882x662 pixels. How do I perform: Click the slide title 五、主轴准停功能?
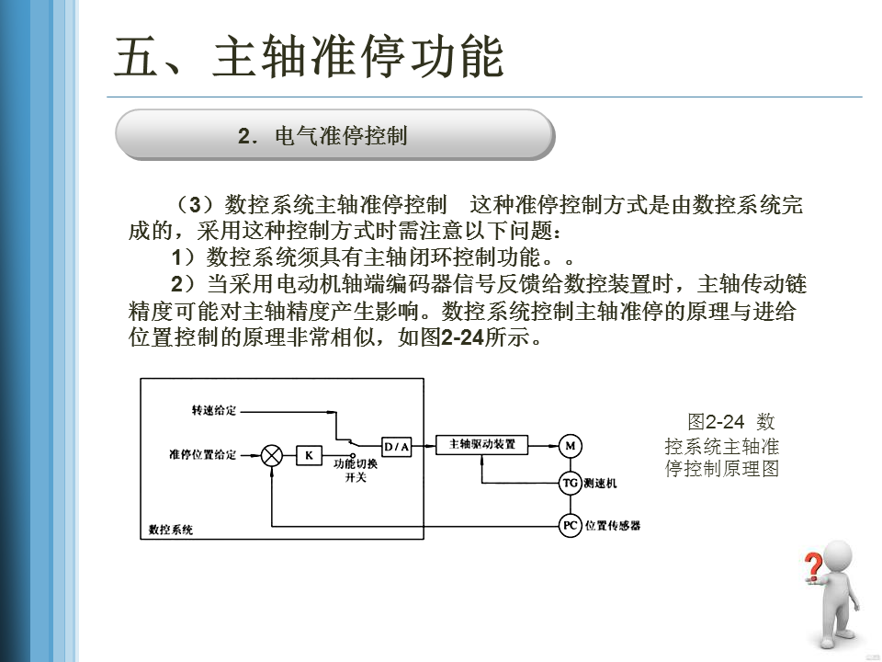309,57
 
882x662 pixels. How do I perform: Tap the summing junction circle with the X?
272,455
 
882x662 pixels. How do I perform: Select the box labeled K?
309,455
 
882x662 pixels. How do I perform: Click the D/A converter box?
397,446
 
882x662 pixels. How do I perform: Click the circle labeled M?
571,446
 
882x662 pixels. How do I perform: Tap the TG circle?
571,483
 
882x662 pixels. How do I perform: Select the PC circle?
571,525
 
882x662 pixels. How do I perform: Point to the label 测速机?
601,484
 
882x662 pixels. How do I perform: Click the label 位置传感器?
613,525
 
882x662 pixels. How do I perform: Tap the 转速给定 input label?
213,410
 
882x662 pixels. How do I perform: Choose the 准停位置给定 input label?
203,454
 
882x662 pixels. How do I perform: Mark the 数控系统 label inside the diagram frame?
171,530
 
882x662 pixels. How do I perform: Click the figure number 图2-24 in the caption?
715,422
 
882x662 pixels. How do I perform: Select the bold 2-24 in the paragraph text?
464,337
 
